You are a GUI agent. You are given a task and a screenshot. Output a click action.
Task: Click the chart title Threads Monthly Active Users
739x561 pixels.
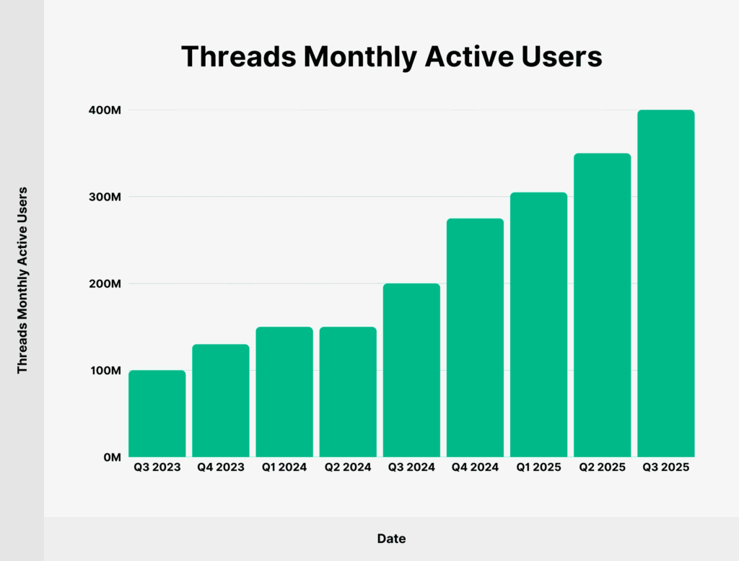[391, 57]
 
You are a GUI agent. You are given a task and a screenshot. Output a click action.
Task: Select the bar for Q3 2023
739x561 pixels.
[157, 414]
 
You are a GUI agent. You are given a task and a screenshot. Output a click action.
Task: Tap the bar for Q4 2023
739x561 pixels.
[221, 401]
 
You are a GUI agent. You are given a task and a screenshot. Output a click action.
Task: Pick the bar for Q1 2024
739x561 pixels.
[284, 392]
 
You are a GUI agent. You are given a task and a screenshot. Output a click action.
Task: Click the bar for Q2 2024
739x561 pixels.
[348, 392]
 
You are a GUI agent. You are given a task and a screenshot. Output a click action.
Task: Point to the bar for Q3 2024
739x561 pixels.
[411, 371]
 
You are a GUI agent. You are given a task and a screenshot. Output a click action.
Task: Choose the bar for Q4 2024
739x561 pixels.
[475, 338]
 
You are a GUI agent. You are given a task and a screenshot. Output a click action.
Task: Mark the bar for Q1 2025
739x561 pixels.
[538, 325]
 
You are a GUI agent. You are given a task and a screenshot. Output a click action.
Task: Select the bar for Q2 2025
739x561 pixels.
[603, 306]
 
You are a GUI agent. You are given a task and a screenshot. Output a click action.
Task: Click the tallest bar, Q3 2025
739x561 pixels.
[666, 284]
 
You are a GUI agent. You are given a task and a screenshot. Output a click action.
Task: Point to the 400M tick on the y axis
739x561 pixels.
[105, 110]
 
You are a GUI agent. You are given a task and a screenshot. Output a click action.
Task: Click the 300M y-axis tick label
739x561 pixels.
[105, 197]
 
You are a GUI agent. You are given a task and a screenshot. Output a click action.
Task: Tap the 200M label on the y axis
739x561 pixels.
[105, 284]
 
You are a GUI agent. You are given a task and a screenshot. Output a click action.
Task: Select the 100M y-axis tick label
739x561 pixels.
[105, 371]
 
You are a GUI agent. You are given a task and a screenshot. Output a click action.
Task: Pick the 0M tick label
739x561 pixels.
[111, 457]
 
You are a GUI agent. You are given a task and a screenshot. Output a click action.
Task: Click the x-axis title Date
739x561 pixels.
[391, 539]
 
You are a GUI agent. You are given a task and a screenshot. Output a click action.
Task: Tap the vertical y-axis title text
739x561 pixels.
[22, 280]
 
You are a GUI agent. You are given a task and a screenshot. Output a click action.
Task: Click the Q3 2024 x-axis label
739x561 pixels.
[411, 467]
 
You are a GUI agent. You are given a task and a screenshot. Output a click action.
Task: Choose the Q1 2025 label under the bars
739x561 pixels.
[538, 467]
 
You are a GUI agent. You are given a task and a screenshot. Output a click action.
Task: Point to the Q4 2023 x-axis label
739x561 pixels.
[221, 467]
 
